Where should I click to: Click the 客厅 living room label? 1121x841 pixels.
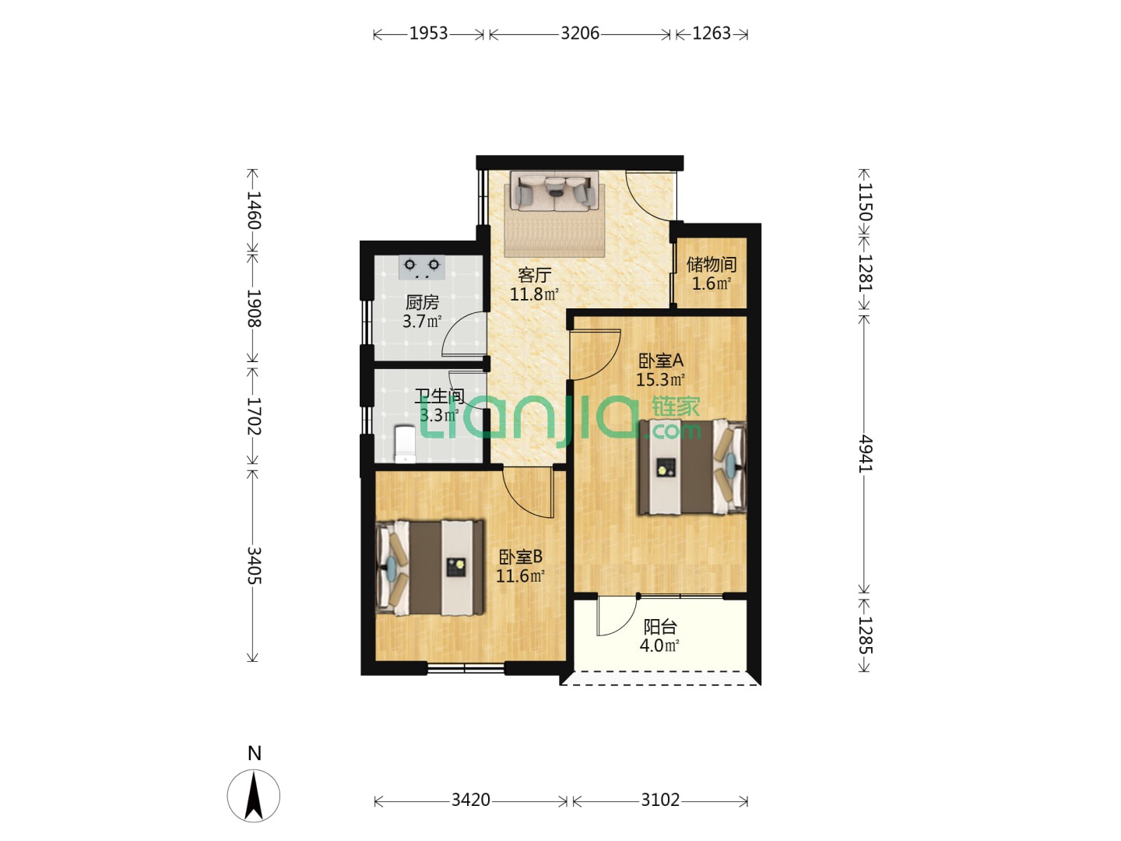pyautogui.click(x=534, y=275)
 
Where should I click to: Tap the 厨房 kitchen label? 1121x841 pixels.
pyautogui.click(x=422, y=303)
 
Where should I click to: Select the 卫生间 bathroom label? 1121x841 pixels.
pyautogui.click(x=439, y=396)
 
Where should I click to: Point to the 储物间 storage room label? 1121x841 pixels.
pyautogui.click(x=712, y=265)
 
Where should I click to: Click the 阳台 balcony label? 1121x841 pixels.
pyautogui.click(x=660, y=627)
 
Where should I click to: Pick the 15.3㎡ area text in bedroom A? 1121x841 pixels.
pyautogui.click(x=660, y=380)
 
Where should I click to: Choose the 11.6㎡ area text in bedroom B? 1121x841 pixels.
pyautogui.click(x=521, y=576)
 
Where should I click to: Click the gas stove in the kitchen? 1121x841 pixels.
pyautogui.click(x=421, y=267)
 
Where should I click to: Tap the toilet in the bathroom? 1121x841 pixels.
pyautogui.click(x=405, y=444)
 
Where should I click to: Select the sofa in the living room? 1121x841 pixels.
pyautogui.click(x=554, y=191)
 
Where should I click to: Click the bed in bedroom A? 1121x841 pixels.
pyautogui.click(x=692, y=466)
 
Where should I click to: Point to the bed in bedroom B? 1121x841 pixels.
pyautogui.click(x=430, y=568)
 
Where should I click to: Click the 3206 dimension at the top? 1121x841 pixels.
pyautogui.click(x=580, y=33)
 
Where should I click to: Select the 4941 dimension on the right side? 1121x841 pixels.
pyautogui.click(x=864, y=453)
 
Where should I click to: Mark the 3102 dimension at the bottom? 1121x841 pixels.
pyautogui.click(x=660, y=800)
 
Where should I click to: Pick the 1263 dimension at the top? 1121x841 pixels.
pyautogui.click(x=712, y=33)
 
